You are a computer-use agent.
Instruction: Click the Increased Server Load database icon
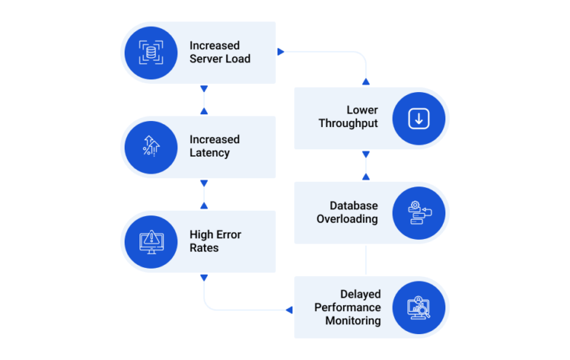tap(151, 53)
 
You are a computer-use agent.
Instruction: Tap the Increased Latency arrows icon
tap(151, 146)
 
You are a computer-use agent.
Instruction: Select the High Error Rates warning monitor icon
tap(151, 242)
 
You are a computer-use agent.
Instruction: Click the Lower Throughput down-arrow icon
tap(419, 119)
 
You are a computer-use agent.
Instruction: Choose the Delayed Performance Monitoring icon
tap(419, 307)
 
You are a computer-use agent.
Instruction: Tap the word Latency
tap(209, 153)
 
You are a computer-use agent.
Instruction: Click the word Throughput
tap(348, 123)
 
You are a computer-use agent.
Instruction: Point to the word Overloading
tap(347, 219)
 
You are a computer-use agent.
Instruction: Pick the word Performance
tap(347, 307)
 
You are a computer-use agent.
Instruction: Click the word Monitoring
tap(353, 321)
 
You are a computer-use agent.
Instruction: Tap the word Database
tap(354, 206)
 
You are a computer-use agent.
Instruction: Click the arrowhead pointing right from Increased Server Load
tap(281, 52)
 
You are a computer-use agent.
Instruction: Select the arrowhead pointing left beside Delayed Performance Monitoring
tap(289, 310)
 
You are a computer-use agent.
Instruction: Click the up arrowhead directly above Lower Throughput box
tap(366, 82)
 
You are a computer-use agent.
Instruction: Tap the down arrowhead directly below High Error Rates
tap(204, 278)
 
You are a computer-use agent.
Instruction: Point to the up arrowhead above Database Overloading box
tap(366, 177)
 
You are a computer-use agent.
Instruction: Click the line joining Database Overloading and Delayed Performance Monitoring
tap(366, 260)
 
